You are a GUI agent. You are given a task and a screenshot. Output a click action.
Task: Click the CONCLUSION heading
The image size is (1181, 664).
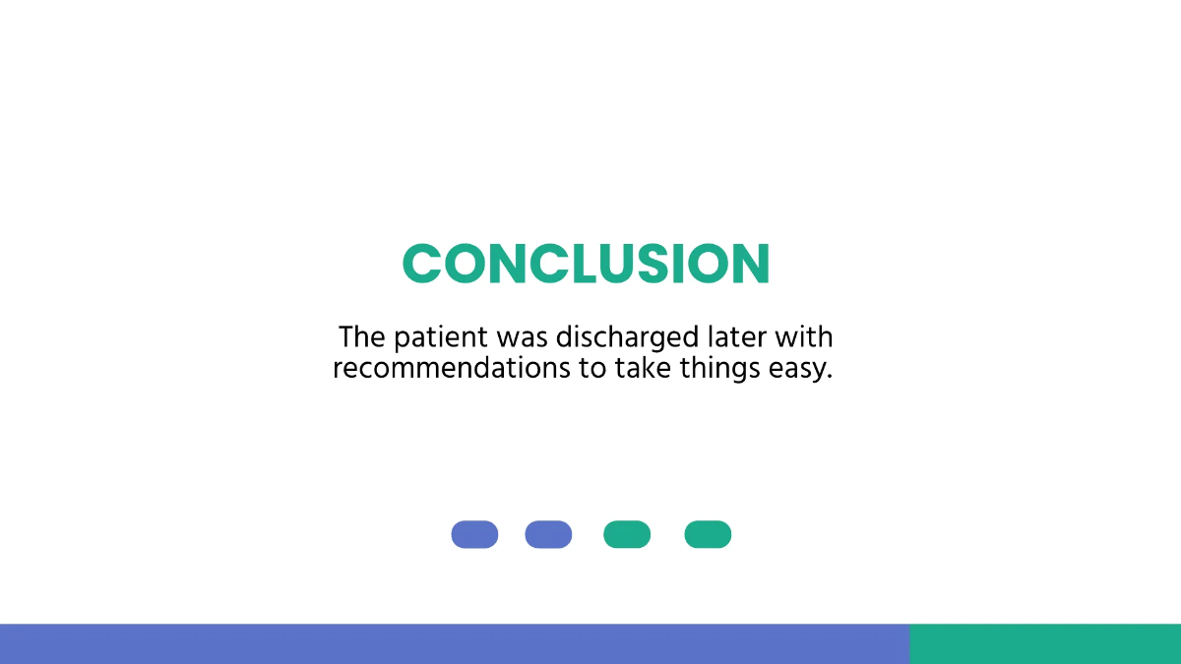click(x=586, y=264)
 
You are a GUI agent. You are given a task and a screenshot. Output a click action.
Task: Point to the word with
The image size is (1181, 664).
click(x=804, y=337)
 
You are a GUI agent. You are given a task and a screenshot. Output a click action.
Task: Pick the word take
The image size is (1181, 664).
click(x=645, y=370)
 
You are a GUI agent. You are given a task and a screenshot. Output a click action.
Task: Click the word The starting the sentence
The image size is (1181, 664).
click(x=362, y=337)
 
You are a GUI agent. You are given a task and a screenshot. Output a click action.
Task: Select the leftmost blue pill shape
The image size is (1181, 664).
click(x=474, y=534)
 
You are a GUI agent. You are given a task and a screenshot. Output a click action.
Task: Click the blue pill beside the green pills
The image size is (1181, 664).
click(x=548, y=534)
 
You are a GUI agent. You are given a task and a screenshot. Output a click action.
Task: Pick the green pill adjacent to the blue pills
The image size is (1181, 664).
click(x=627, y=534)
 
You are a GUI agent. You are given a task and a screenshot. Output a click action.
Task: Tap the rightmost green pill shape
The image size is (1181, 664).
click(x=708, y=534)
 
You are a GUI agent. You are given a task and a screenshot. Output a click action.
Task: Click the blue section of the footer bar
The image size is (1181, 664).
click(x=453, y=643)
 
